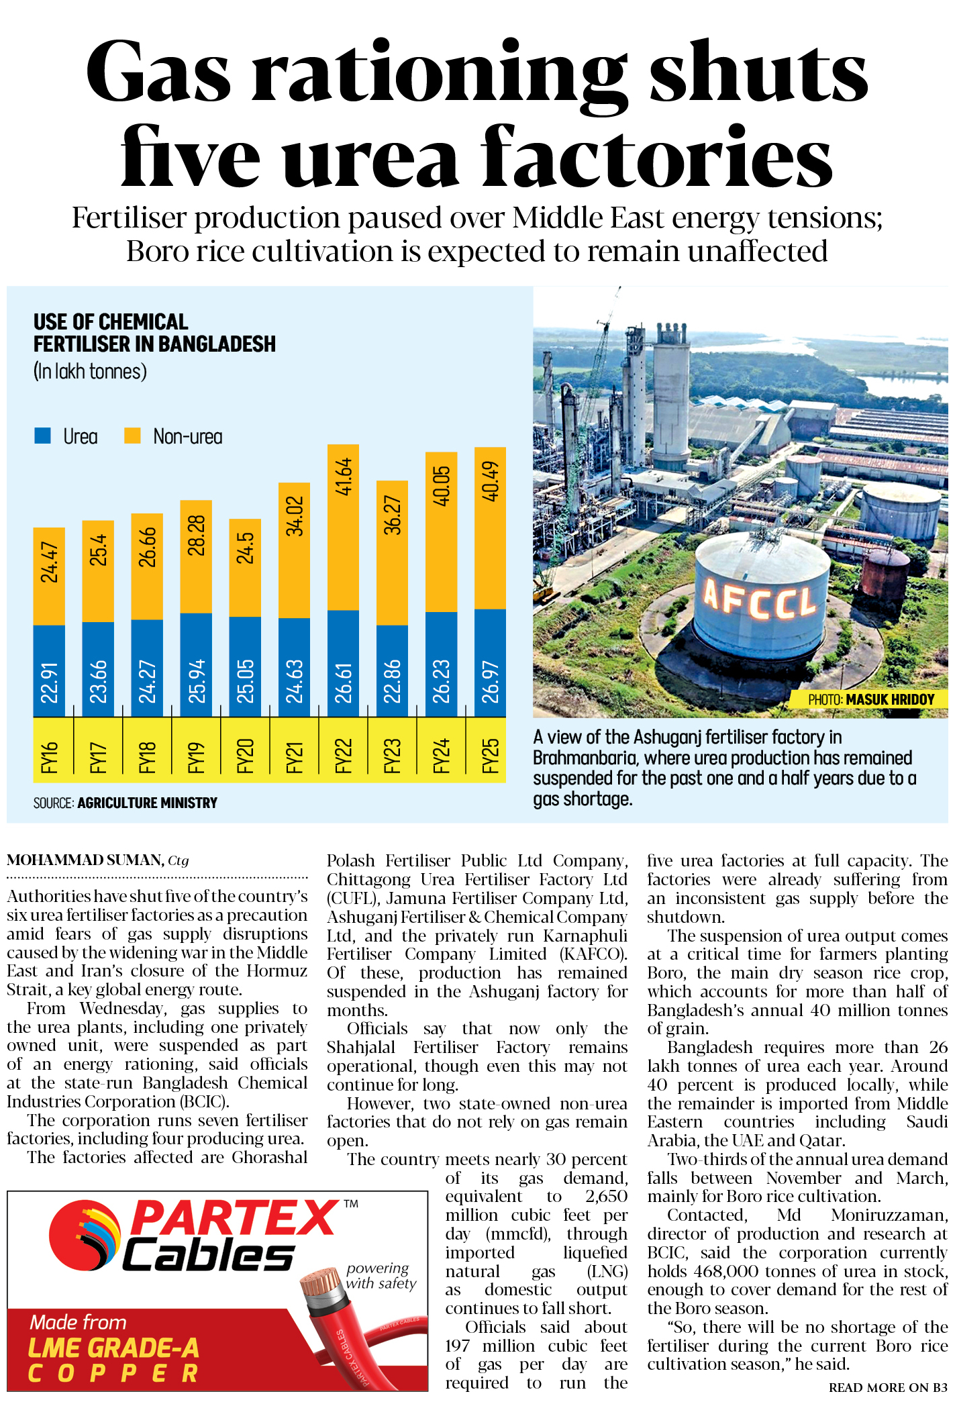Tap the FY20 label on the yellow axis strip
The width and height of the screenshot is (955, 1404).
click(x=245, y=756)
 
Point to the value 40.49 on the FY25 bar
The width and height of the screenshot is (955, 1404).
click(x=491, y=481)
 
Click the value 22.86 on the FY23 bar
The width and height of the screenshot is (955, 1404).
click(x=392, y=681)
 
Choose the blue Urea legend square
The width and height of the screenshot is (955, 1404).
click(x=42, y=436)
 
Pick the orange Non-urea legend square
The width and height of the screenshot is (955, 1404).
click(x=132, y=436)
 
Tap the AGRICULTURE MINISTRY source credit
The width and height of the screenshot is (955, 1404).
click(x=147, y=803)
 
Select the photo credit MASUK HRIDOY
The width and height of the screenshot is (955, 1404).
click(x=890, y=699)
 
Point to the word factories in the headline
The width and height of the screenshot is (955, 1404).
click(x=658, y=157)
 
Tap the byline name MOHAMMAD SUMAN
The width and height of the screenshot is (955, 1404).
click(x=85, y=860)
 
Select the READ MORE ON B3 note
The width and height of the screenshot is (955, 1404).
click(x=887, y=1387)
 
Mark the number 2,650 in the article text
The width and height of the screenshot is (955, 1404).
click(x=606, y=1196)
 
